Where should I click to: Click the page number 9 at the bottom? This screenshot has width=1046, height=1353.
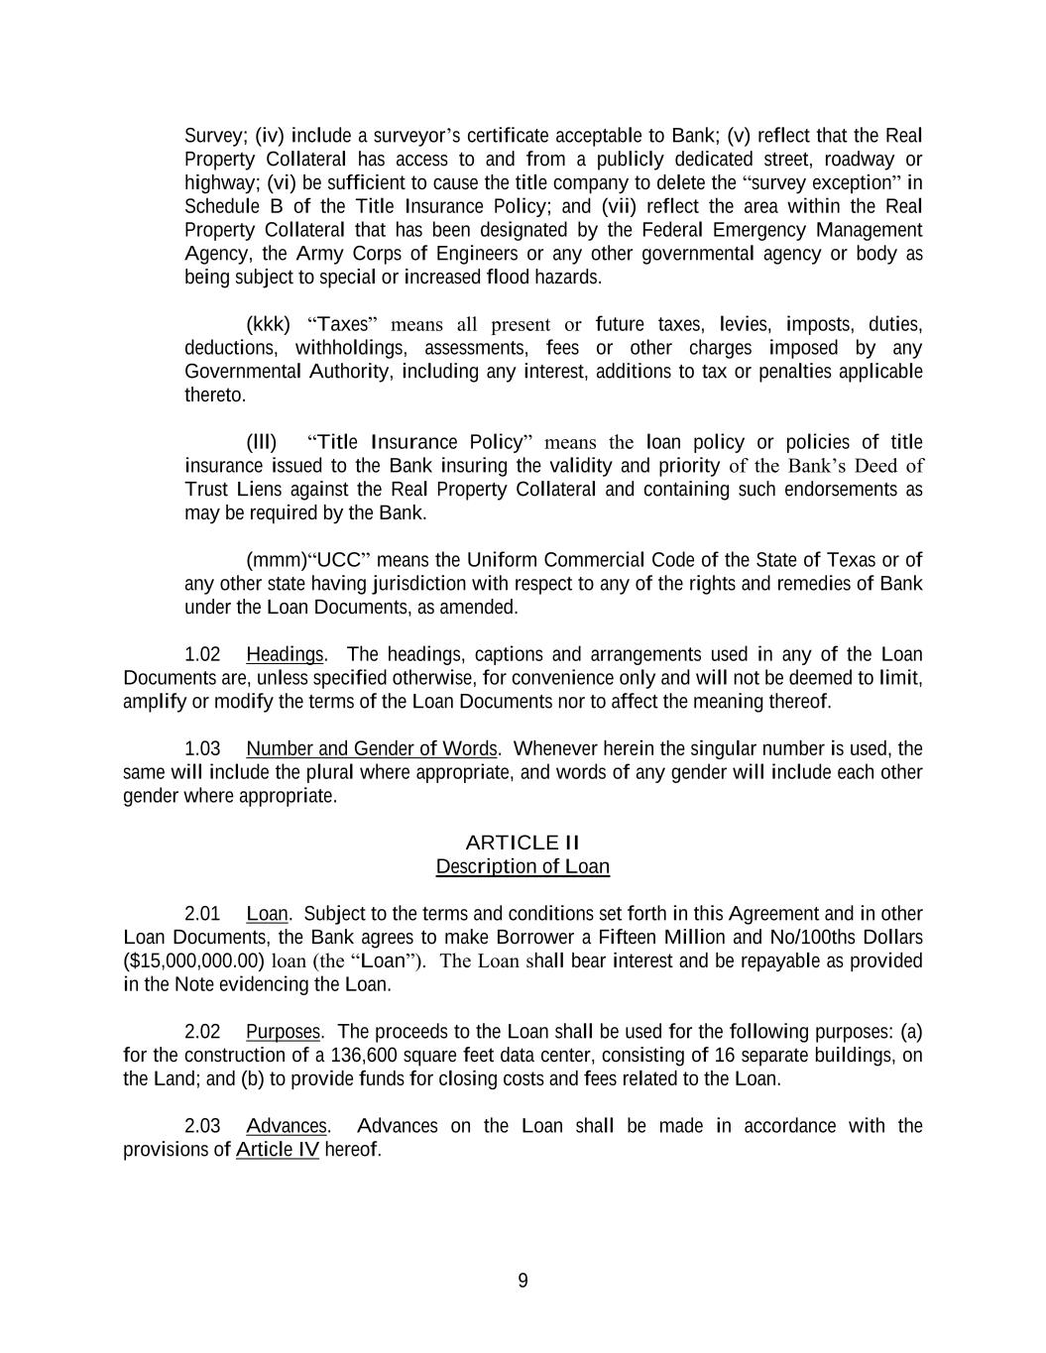(x=523, y=1281)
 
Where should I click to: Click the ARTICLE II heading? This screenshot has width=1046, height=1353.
(x=523, y=843)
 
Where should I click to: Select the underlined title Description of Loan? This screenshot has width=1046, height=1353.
(x=523, y=866)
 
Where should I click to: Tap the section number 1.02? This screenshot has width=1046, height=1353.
(x=202, y=654)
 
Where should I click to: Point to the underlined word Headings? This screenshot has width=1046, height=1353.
(x=285, y=654)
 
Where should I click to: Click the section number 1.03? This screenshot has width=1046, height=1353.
(x=202, y=748)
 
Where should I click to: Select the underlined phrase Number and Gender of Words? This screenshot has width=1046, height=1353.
(x=372, y=748)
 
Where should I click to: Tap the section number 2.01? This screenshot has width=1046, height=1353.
(x=202, y=913)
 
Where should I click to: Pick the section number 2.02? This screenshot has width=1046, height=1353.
(x=202, y=1031)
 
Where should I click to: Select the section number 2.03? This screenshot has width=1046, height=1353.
(x=202, y=1125)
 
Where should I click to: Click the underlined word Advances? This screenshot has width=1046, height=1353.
(x=287, y=1125)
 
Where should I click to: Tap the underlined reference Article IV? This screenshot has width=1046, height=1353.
(x=278, y=1149)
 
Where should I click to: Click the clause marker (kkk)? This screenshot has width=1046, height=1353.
(x=268, y=324)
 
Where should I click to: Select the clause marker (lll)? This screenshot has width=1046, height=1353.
(x=262, y=441)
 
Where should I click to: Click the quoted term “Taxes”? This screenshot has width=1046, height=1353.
(x=343, y=324)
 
